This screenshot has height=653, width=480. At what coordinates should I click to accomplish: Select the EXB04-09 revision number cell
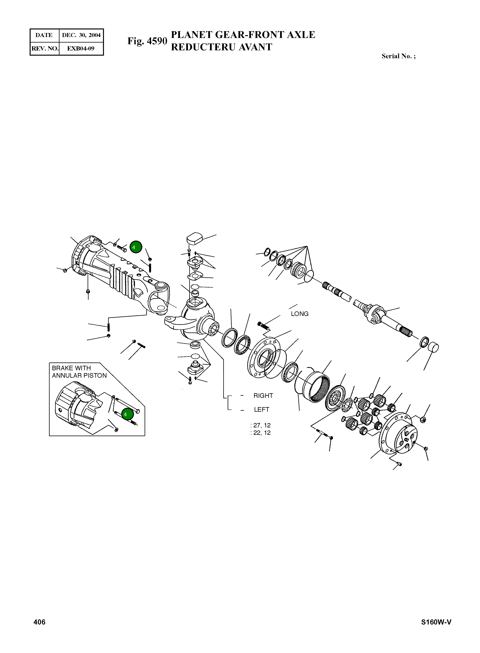(x=81, y=48)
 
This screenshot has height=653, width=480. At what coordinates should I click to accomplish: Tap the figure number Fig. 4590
(x=147, y=41)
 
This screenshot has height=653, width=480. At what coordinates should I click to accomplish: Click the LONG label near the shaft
(x=299, y=314)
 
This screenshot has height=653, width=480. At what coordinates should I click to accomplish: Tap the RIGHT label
(x=263, y=396)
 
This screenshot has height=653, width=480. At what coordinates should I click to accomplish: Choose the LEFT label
(x=261, y=410)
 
